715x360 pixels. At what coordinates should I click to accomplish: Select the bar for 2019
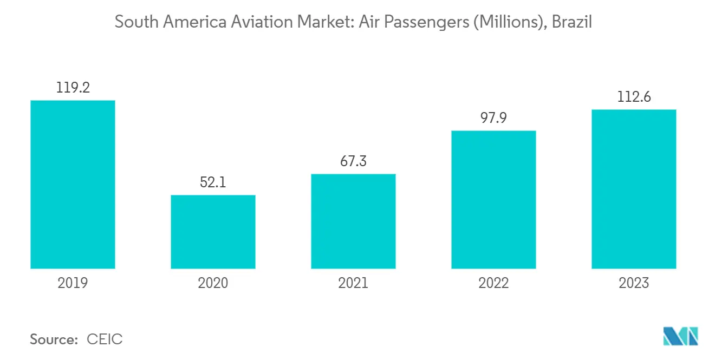(x=73, y=185)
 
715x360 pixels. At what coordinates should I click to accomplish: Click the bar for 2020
(x=213, y=232)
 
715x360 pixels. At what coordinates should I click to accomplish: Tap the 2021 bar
(x=353, y=221)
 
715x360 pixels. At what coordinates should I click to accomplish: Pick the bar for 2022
(x=493, y=200)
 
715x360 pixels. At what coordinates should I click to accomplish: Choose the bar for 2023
(x=634, y=189)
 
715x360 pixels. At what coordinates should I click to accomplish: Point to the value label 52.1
(x=213, y=182)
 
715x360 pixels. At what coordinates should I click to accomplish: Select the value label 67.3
(x=353, y=161)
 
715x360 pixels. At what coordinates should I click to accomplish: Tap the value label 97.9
(x=493, y=118)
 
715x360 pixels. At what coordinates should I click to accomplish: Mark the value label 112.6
(x=634, y=97)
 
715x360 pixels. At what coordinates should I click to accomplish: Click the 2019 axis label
(x=73, y=283)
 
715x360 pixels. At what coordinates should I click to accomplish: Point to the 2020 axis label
(x=213, y=283)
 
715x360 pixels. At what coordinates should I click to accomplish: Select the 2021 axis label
(x=353, y=283)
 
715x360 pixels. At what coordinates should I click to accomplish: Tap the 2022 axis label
(x=493, y=283)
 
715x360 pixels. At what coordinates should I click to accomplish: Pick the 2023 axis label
(x=634, y=283)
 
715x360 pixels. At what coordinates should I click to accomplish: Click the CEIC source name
(x=105, y=339)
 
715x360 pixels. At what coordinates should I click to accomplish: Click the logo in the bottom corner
(x=681, y=336)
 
